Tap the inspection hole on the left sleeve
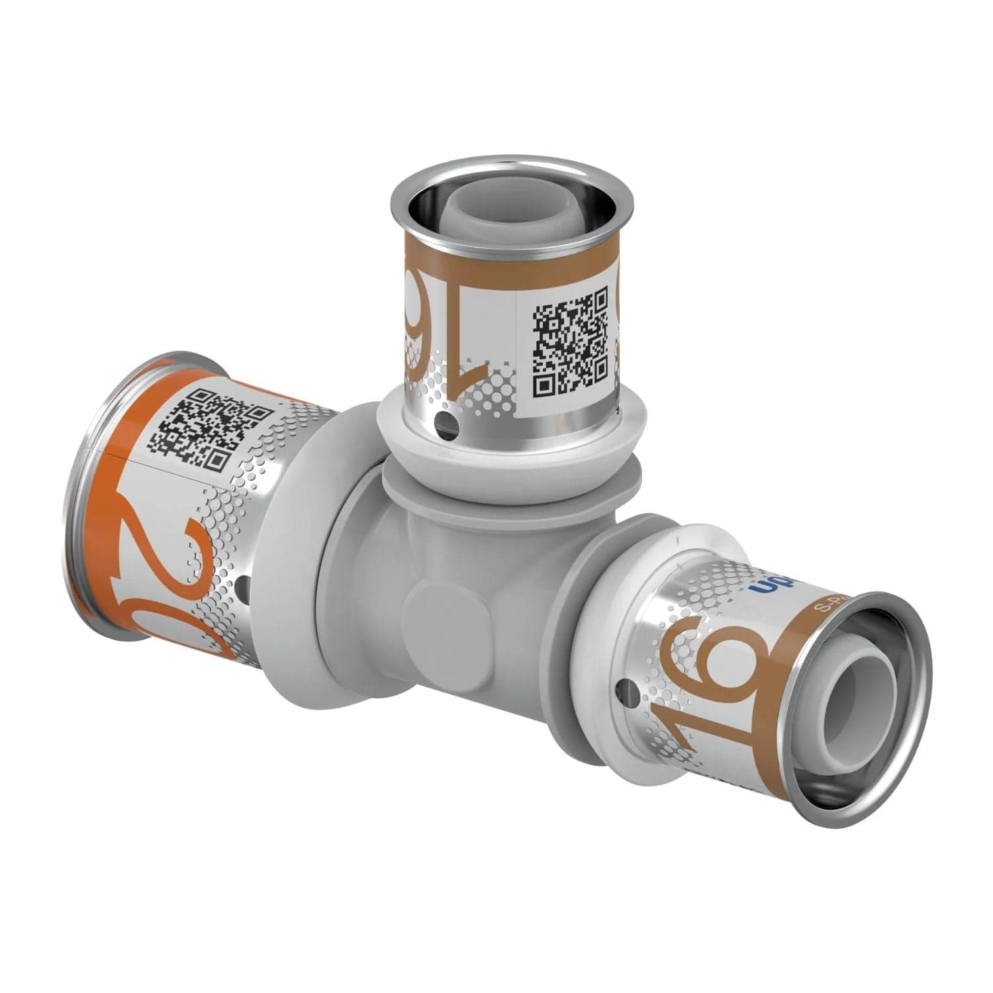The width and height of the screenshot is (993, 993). pyautogui.click(x=243, y=585)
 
